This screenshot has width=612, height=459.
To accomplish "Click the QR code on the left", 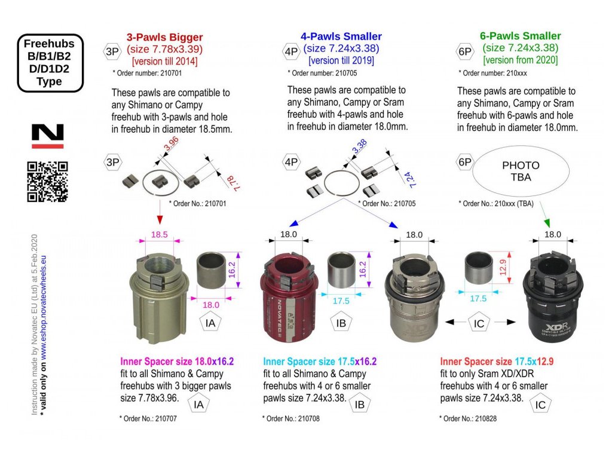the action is [48, 181].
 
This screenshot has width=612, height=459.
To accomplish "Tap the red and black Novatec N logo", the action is [48, 136].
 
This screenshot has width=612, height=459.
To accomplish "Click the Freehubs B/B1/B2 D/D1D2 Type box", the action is [49, 63].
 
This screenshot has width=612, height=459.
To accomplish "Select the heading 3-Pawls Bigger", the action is [164, 37].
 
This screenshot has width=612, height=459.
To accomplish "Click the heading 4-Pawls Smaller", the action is [341, 37].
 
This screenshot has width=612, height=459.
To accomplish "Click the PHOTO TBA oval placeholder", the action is [521, 171].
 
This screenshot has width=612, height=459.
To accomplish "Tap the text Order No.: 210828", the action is [468, 419].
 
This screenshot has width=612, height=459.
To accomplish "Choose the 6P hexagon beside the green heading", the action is [466, 51].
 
